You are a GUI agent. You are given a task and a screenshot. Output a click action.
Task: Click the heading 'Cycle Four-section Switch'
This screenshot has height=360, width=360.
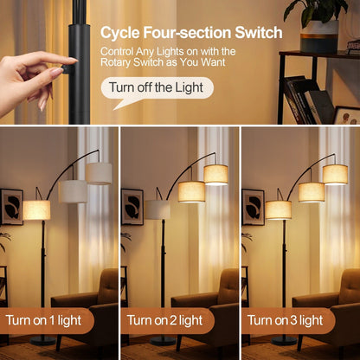(191, 33)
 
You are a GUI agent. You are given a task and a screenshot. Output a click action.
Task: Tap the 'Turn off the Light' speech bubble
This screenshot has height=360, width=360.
(157, 87)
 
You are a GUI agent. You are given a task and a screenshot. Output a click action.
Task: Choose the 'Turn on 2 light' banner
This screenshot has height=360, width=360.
(164, 320)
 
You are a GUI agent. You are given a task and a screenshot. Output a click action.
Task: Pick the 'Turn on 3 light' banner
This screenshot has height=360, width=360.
(285, 320)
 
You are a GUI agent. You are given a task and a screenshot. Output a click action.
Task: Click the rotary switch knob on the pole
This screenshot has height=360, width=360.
(66, 66)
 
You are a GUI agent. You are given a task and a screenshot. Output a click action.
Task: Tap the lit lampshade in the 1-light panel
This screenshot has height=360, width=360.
(36, 209)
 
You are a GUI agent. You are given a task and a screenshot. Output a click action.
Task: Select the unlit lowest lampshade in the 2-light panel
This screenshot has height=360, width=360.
(157, 209)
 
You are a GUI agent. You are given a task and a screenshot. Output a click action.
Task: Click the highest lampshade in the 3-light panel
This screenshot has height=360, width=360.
(335, 174)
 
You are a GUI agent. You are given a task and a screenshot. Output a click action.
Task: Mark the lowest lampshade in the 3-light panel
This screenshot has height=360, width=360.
(279, 209)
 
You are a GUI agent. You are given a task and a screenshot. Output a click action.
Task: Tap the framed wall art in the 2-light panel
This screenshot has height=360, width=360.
(132, 206)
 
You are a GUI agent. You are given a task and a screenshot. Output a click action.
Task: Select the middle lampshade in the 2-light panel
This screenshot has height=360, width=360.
(191, 190)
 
